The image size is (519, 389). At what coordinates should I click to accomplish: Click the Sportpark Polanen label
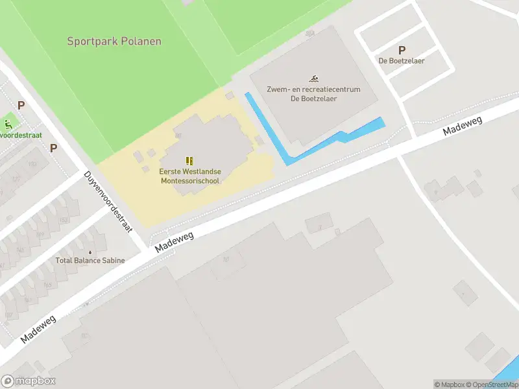(x=114, y=41)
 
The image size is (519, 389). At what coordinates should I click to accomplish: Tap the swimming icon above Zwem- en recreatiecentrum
(x=313, y=78)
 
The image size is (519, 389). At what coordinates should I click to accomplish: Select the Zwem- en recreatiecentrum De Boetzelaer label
(x=313, y=94)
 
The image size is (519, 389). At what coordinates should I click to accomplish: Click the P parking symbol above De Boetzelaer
(x=402, y=50)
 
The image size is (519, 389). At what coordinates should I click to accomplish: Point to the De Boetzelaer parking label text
(x=402, y=61)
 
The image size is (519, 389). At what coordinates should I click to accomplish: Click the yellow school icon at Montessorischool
(x=189, y=160)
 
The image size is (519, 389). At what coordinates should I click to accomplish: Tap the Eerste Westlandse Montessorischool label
(x=190, y=176)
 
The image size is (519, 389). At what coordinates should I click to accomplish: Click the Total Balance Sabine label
(x=90, y=261)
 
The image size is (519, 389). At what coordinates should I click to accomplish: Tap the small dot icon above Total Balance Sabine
(x=90, y=252)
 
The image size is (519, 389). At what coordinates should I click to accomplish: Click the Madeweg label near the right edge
(x=463, y=122)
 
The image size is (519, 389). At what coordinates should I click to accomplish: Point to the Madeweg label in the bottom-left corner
(x=38, y=329)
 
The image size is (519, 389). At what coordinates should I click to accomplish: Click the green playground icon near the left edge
(x=8, y=123)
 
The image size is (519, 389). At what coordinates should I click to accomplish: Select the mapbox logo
(x=29, y=381)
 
